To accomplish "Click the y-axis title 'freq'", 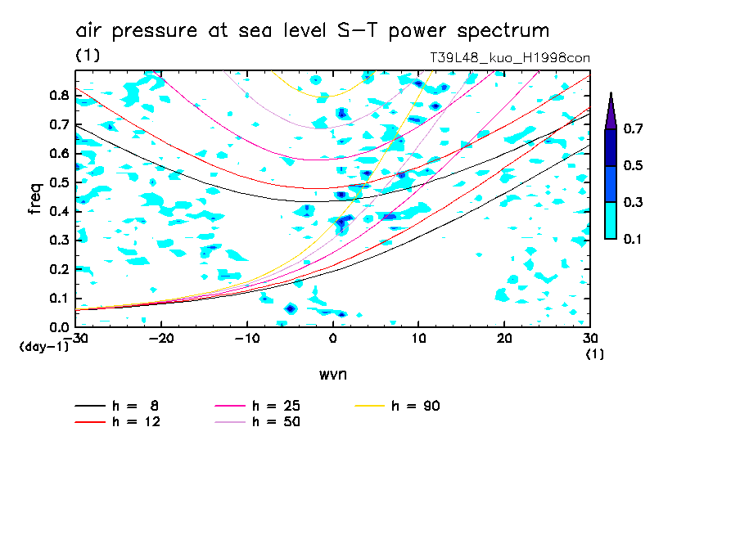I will (35, 199).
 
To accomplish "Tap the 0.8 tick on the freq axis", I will (57, 95).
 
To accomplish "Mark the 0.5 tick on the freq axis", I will (57, 182).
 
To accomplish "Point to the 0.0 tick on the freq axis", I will (57, 327).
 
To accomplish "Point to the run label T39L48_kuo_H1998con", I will (510, 58).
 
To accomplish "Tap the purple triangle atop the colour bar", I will (611, 110).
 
